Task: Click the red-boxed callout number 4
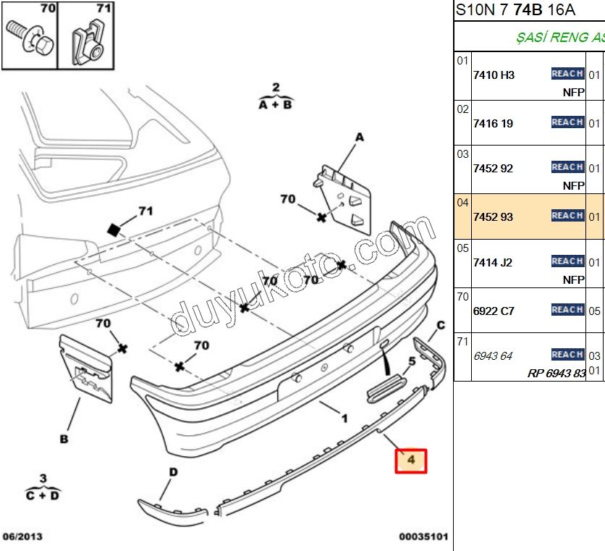pyautogui.click(x=411, y=460)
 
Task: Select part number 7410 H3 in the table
pyautogui.click(x=494, y=75)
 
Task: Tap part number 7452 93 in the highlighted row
pyautogui.click(x=493, y=216)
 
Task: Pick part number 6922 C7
pyautogui.click(x=494, y=311)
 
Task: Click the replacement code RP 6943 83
pyautogui.click(x=556, y=374)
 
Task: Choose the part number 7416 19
pyautogui.click(x=493, y=123)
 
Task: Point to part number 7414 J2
pyautogui.click(x=493, y=262)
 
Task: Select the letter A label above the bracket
pyautogui.click(x=360, y=138)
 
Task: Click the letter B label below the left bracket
pyautogui.click(x=64, y=439)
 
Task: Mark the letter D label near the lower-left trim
pyautogui.click(x=173, y=473)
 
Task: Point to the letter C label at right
pyautogui.click(x=440, y=325)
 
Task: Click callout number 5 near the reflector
pyautogui.click(x=412, y=360)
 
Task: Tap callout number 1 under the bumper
pyautogui.click(x=344, y=418)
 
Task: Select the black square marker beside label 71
pyautogui.click(x=113, y=230)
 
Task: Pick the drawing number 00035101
pyautogui.click(x=423, y=537)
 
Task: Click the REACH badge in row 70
pyautogui.click(x=567, y=310)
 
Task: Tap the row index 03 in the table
pyautogui.click(x=462, y=153)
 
